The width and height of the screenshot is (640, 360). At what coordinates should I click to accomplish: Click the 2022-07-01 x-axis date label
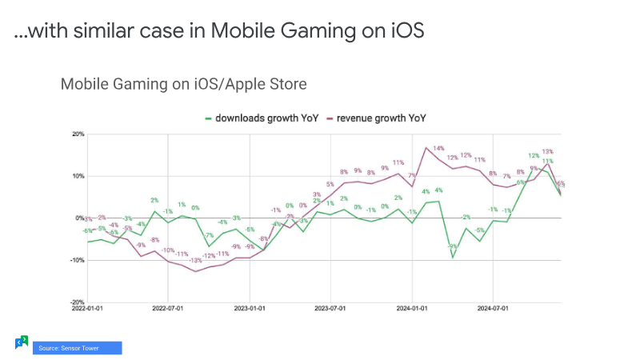pyautogui.click(x=168, y=306)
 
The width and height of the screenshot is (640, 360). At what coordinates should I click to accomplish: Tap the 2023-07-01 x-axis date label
pyautogui.click(x=330, y=306)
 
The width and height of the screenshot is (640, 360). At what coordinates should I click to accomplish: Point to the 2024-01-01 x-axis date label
pyautogui.click(x=411, y=306)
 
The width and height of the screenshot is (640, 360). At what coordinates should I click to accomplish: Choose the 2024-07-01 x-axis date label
pyautogui.click(x=493, y=306)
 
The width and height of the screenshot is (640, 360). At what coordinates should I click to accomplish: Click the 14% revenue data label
pyautogui.click(x=438, y=149)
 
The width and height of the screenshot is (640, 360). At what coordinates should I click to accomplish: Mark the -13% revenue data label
pyautogui.click(x=195, y=261)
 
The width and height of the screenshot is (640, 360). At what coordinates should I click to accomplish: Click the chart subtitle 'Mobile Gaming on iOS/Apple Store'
pyautogui.click(x=183, y=84)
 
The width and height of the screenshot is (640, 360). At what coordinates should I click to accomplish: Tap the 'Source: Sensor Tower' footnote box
pyautogui.click(x=77, y=348)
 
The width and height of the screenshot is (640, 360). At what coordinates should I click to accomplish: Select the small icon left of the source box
pyautogui.click(x=22, y=342)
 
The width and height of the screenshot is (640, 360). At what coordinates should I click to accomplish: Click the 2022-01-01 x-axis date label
pyautogui.click(x=88, y=306)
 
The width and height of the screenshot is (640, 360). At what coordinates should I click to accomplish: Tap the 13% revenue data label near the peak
pyautogui.click(x=548, y=151)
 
